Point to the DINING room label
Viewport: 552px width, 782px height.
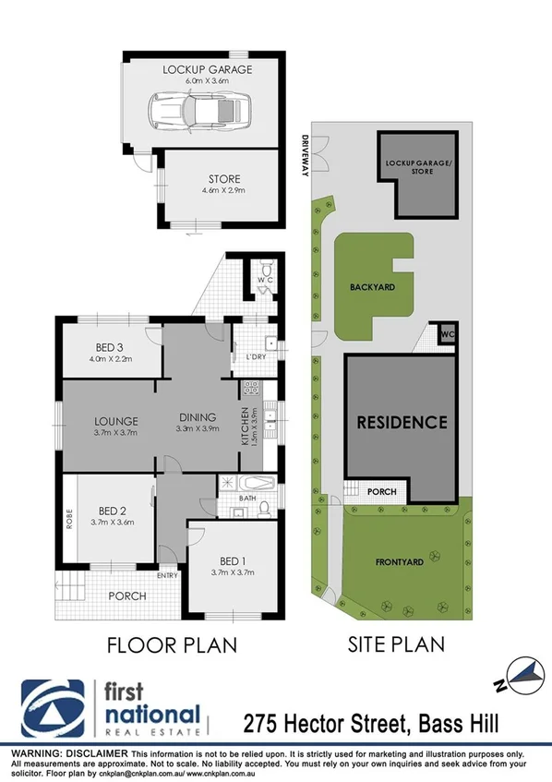[198, 416]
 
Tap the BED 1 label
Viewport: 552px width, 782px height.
[233, 560]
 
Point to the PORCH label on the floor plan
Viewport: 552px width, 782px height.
[126, 596]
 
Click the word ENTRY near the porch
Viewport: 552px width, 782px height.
[167, 576]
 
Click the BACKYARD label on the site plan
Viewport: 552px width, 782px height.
[372, 287]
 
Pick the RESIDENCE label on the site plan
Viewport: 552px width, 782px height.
[402, 422]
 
